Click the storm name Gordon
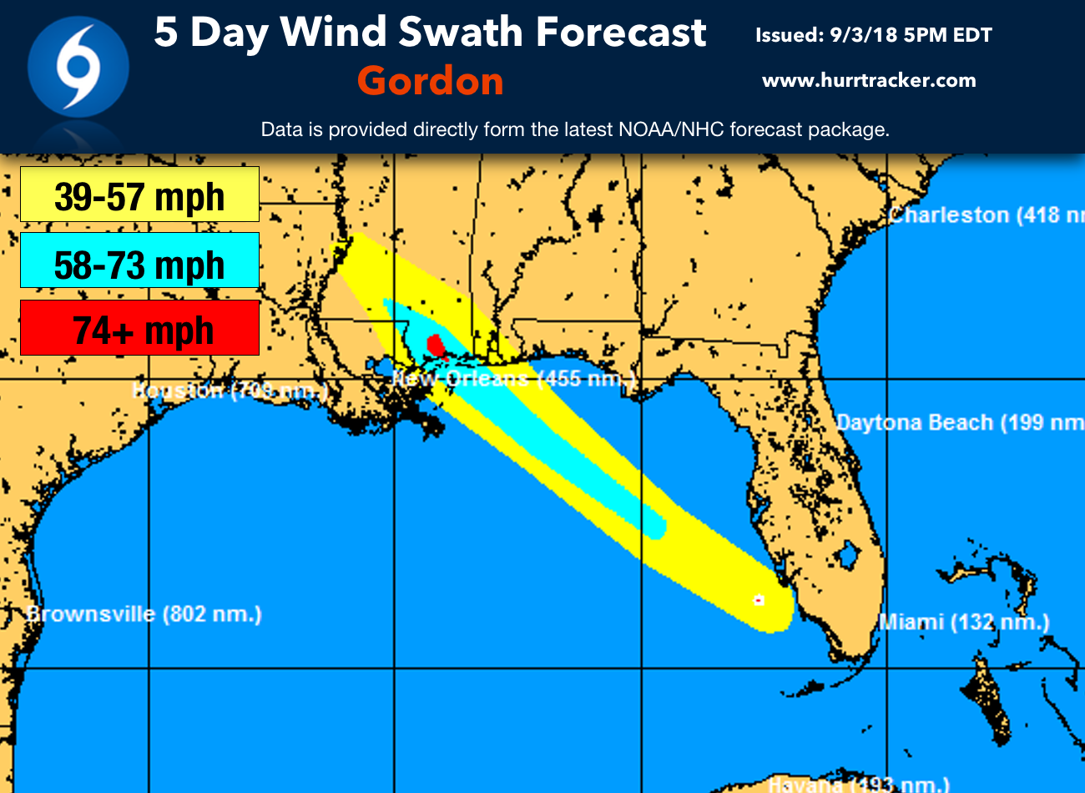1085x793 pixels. tap(431, 81)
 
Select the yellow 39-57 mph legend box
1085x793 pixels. tap(139, 194)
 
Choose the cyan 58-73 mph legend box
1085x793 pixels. tap(139, 261)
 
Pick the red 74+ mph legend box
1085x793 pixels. tap(139, 328)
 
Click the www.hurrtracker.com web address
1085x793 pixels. tap(869, 81)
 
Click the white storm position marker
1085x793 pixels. tap(759, 599)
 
